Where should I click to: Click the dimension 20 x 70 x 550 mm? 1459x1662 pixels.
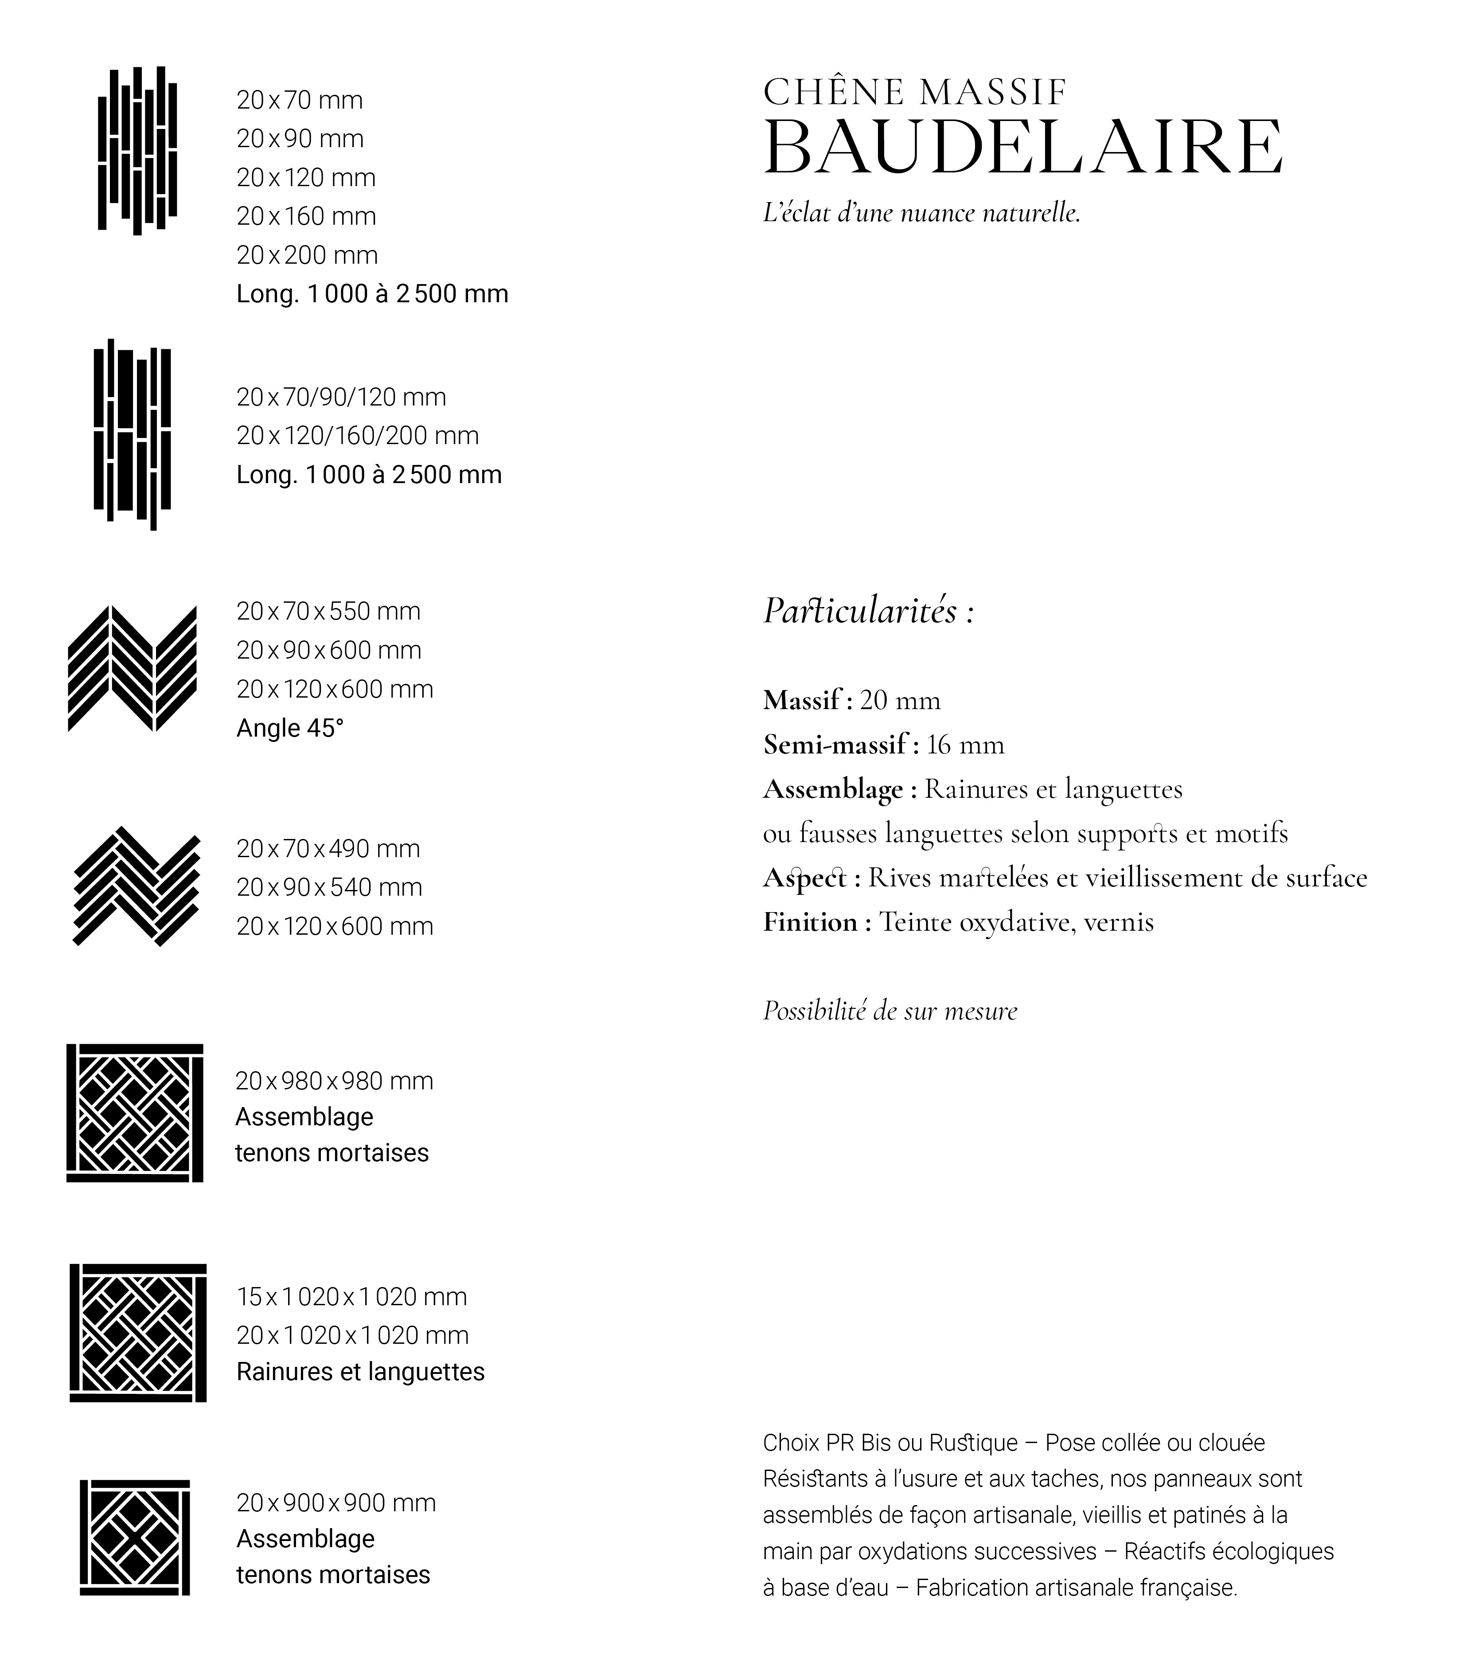(x=328, y=612)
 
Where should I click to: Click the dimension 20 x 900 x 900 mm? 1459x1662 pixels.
(x=336, y=1502)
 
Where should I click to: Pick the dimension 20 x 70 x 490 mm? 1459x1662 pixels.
(x=328, y=849)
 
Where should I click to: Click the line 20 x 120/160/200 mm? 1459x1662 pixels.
(x=357, y=436)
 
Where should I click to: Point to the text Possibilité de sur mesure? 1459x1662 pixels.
(x=889, y=1010)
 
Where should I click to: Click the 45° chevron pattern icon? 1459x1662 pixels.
(x=132, y=668)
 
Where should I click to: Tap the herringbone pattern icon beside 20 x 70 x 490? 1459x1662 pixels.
(x=137, y=886)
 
